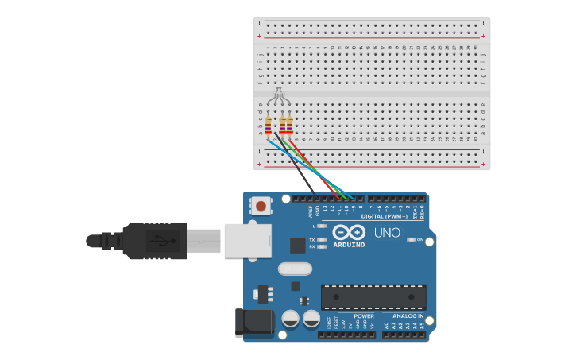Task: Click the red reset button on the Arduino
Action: (260, 207)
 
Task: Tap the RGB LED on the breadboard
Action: (277, 95)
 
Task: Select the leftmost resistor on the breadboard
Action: (268, 126)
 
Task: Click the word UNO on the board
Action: (387, 233)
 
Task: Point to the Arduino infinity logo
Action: (349, 232)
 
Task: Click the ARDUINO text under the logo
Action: (349, 245)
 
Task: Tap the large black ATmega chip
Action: (373, 296)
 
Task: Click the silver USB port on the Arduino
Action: (247, 240)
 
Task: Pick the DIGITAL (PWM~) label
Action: (385, 216)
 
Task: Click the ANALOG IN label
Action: (408, 315)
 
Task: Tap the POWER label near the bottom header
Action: (364, 315)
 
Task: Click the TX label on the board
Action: (312, 239)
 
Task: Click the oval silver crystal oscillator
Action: (295, 269)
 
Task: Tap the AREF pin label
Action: (311, 211)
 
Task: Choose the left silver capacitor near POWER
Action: (291, 319)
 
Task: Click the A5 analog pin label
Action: (422, 326)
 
